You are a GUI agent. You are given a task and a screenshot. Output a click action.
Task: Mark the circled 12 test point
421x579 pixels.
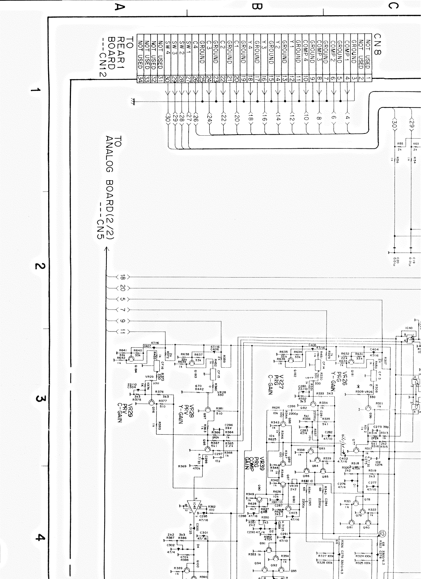coord(383,533)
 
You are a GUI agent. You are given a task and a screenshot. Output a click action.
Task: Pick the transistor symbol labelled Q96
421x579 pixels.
coord(151,403)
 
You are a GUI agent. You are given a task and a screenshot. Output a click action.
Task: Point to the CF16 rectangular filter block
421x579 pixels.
coord(156,366)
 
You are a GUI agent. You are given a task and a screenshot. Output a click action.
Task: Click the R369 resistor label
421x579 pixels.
coord(182,466)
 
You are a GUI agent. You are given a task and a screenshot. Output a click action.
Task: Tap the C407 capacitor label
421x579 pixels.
coord(148,346)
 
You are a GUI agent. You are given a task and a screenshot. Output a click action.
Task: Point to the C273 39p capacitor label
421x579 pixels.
coord(380,427)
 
